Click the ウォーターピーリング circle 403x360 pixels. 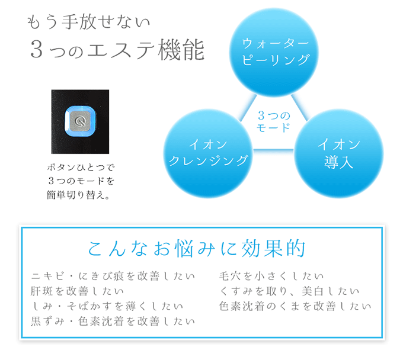276,52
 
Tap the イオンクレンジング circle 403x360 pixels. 208,153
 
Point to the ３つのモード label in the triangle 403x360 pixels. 274,121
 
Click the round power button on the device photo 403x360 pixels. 81,121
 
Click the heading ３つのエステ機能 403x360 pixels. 117,51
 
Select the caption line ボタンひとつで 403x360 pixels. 80,168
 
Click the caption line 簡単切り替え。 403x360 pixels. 80,195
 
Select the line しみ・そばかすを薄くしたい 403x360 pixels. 107,307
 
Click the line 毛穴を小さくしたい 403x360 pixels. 271,276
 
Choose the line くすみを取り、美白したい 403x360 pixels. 289,291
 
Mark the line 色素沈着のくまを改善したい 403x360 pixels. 295,307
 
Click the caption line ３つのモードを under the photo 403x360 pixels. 80,181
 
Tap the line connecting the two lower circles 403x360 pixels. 273,149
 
